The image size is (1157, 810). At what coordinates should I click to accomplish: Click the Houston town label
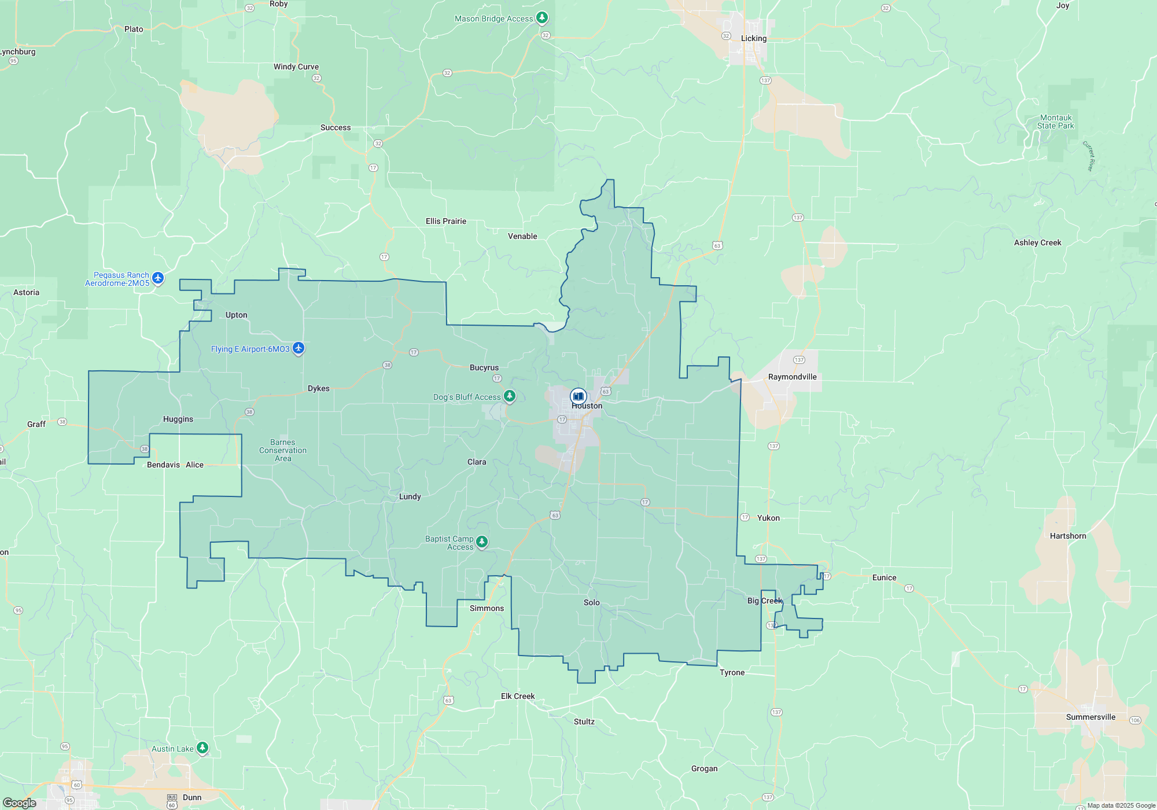click(587, 406)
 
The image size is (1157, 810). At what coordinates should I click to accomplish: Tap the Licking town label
click(753, 38)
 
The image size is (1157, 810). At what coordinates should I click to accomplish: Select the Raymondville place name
click(792, 377)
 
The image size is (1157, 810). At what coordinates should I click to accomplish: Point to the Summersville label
click(1090, 717)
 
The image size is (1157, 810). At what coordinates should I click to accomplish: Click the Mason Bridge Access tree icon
click(542, 17)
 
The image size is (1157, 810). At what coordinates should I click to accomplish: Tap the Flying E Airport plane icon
click(299, 348)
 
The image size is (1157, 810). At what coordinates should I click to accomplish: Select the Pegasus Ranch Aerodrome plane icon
click(158, 278)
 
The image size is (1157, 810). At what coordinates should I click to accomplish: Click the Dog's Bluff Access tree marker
click(510, 396)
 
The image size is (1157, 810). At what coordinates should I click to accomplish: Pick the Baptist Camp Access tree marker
click(482, 541)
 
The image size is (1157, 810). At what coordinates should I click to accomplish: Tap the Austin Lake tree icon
click(202, 748)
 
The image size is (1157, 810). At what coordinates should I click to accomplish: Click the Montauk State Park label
click(1055, 122)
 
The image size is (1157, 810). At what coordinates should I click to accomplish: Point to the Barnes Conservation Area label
click(283, 450)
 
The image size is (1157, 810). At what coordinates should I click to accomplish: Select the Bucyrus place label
click(484, 367)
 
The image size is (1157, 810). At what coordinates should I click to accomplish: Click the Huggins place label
click(178, 419)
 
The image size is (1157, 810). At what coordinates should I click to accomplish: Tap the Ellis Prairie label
click(445, 221)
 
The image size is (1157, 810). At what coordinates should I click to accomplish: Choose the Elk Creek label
click(518, 696)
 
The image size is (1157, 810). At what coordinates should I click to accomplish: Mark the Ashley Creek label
click(1037, 242)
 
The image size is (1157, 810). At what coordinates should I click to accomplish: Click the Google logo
click(20, 802)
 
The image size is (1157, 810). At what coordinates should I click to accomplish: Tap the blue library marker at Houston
click(578, 396)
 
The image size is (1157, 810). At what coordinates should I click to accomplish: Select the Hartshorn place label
click(1068, 536)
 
